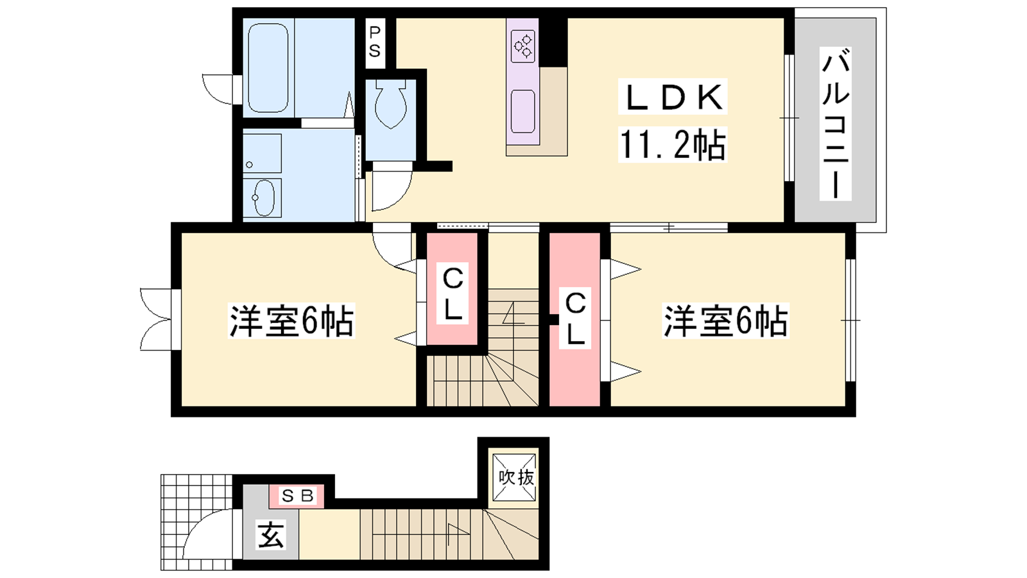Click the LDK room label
673,97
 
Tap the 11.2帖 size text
673,144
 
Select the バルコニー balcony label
835,124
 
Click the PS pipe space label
375,42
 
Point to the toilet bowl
391,104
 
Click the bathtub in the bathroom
268,67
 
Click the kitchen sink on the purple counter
522,112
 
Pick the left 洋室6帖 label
291,320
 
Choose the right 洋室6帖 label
725,320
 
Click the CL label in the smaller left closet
453,294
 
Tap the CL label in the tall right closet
575,319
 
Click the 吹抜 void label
516,478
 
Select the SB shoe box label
298,496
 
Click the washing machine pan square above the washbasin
262,153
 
